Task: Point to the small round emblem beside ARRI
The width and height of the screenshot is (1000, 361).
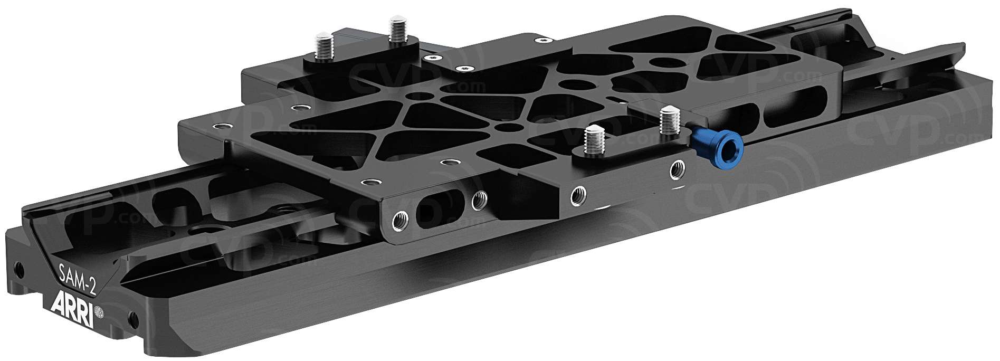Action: tap(98, 312)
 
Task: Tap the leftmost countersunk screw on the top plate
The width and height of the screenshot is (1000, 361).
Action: tap(216, 127)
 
